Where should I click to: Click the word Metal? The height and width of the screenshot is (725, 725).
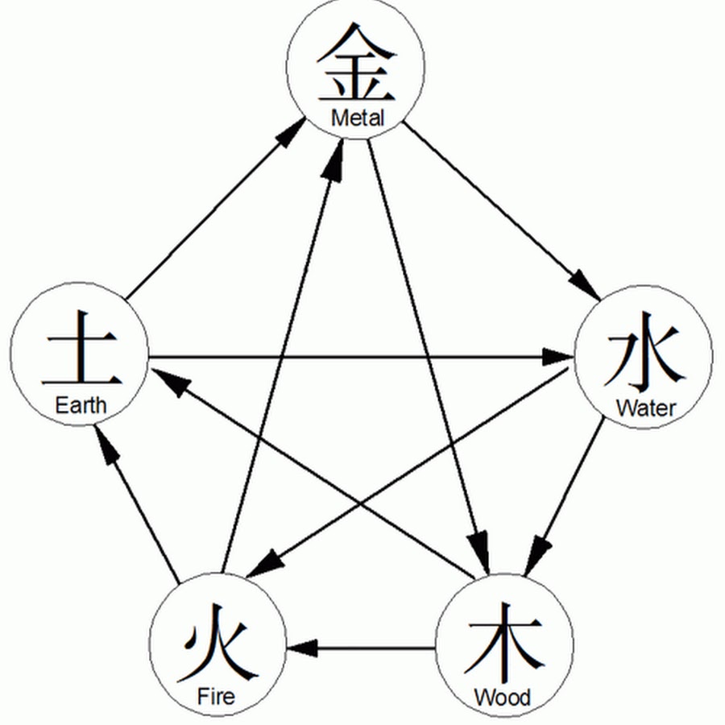pyautogui.click(x=358, y=118)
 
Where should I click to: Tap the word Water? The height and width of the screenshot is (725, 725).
pyautogui.click(x=646, y=408)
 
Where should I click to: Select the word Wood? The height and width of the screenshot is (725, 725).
pyautogui.click(x=503, y=697)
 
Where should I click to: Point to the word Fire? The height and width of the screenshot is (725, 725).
pyautogui.click(x=216, y=695)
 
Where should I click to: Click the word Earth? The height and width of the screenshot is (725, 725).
pyautogui.click(x=81, y=404)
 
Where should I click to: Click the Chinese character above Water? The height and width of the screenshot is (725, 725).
pyautogui.click(x=644, y=358)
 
